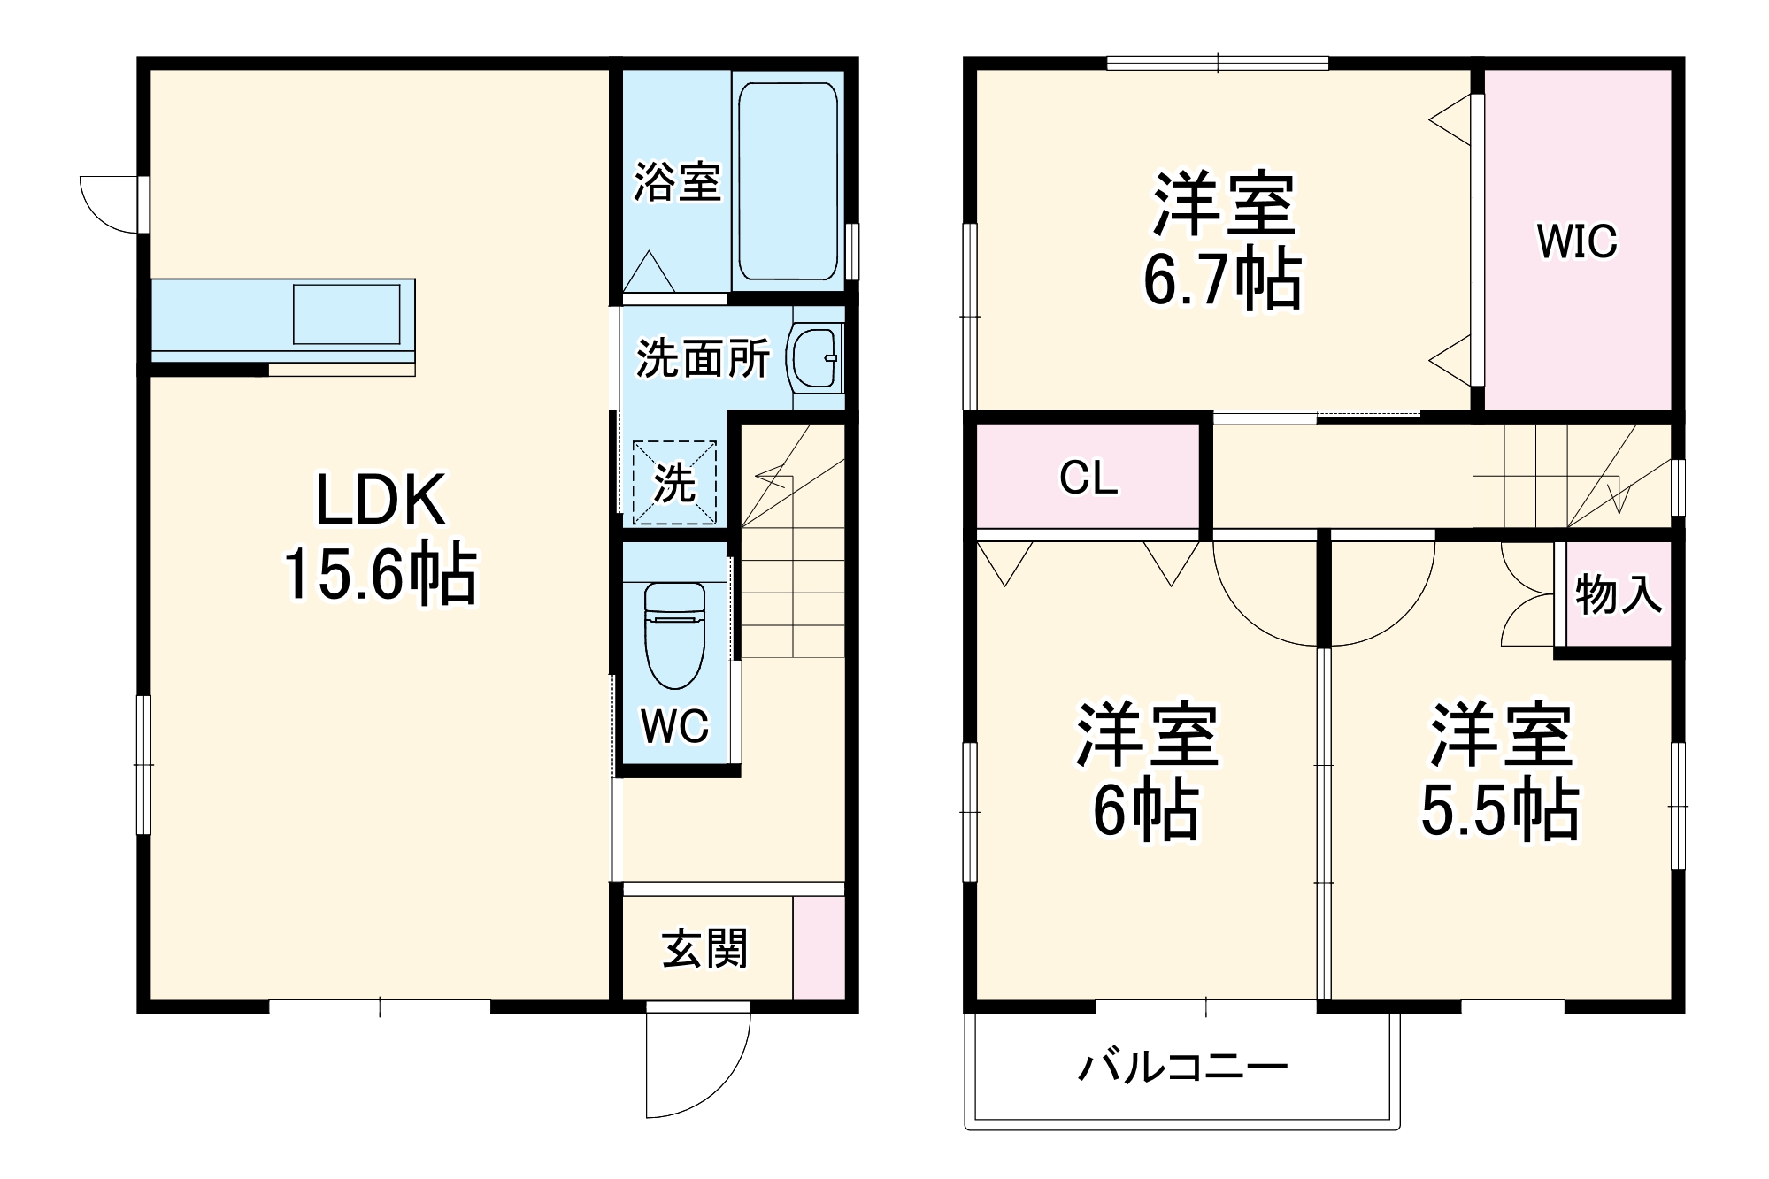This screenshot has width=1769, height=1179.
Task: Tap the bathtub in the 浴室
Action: click(788, 181)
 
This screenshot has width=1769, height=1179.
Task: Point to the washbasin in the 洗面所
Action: click(813, 358)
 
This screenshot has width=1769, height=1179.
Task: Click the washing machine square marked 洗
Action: click(674, 482)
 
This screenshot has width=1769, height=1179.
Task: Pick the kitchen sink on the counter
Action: click(346, 314)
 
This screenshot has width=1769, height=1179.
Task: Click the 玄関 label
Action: click(705, 948)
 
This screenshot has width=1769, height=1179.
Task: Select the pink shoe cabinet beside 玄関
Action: click(819, 948)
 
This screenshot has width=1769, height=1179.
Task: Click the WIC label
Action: click(1577, 241)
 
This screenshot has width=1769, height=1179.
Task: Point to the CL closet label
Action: click(1088, 478)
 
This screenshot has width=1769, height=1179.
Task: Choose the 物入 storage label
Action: click(1618, 593)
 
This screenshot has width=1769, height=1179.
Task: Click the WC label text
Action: click(675, 726)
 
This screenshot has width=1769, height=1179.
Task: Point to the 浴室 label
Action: click(677, 182)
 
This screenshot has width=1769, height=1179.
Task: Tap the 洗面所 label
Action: click(704, 358)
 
